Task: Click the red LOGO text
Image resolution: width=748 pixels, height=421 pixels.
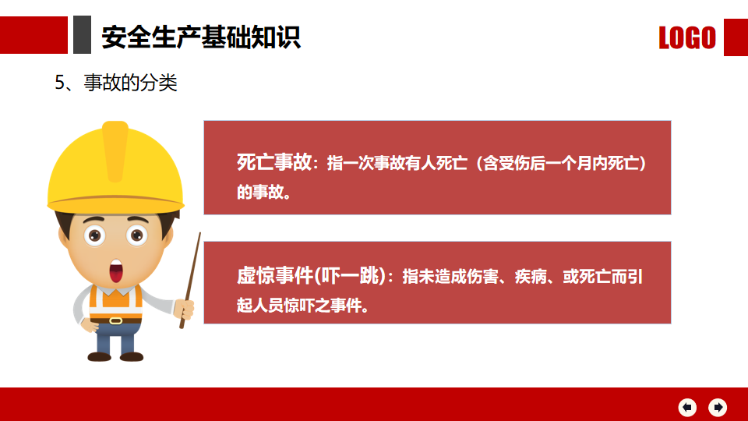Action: coord(687,37)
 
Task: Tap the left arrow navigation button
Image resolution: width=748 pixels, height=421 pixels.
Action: coord(687,407)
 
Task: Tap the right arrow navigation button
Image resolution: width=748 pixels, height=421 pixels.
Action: coord(718,407)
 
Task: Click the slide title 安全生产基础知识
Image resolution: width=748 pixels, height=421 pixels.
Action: coord(201,37)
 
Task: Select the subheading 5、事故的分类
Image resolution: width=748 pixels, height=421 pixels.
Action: coord(116,83)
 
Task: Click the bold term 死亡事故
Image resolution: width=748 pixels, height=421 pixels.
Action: coord(274,162)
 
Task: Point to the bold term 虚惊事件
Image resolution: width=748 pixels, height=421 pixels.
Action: coord(274,275)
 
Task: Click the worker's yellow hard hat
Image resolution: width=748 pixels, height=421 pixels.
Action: coord(115,167)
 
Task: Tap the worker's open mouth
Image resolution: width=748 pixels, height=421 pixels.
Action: coord(116,271)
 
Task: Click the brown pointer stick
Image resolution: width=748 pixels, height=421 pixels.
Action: coord(190,281)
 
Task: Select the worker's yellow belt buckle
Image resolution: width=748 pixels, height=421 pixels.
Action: coord(116,320)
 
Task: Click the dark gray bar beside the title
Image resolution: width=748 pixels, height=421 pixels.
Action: coord(82,35)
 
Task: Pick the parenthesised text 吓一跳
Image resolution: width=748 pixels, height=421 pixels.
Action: coord(350,275)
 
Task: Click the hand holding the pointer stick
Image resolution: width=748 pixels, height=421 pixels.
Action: coord(185,310)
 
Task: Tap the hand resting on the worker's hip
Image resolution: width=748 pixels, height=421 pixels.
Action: coord(90,325)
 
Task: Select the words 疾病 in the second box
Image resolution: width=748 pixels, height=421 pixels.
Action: coord(531,276)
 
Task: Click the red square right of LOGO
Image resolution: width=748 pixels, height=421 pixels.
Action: coord(736,37)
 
